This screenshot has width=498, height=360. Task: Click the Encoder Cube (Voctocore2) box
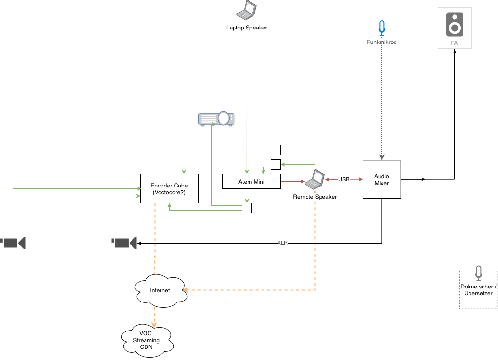coord(169,188)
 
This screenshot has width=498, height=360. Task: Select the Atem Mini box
coord(251,181)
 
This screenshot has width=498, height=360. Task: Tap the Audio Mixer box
coord(381,179)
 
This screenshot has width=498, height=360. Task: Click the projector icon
coord(216,118)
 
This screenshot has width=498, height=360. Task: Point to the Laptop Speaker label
coord(247,28)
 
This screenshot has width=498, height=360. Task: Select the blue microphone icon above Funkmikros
coord(382,29)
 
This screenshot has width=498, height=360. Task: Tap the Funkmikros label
coord(382,43)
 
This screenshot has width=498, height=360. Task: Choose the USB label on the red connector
coord(344,179)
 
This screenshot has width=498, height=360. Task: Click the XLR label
coord(282,243)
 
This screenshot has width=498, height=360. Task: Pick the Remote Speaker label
coord(315,197)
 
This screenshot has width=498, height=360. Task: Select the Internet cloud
coord(160,290)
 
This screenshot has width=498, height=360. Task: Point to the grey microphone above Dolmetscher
coord(478,273)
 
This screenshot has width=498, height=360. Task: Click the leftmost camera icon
coord(14,243)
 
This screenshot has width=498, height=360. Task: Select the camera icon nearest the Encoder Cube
coord(124,243)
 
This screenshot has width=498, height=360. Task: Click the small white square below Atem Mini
coord(247,208)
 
